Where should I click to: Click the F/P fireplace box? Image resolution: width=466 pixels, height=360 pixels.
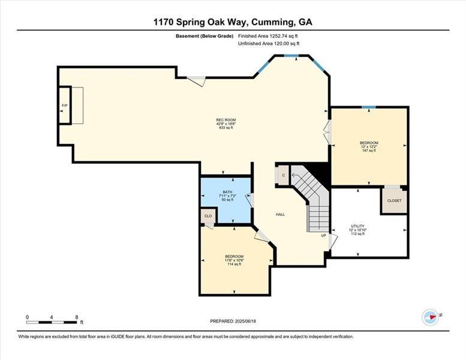[x=64, y=106]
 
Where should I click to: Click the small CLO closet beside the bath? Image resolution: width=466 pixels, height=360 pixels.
[x=208, y=217]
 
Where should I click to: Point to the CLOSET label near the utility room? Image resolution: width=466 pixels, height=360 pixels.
[x=394, y=201]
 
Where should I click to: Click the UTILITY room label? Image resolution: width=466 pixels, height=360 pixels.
[x=357, y=230]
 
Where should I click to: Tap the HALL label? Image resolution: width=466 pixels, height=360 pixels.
[x=280, y=214]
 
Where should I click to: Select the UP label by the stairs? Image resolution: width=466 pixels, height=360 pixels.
[x=323, y=236]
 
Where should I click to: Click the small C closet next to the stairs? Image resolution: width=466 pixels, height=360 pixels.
[x=283, y=175]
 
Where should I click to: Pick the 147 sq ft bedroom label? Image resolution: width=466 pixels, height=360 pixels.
[x=369, y=146]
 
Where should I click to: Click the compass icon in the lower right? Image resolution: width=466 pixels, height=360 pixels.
[x=431, y=316]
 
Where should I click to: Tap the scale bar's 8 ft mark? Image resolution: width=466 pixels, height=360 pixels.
[x=77, y=316]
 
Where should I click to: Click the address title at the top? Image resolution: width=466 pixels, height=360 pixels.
[x=233, y=22]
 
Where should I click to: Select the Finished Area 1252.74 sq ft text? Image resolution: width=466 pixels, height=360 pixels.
[x=269, y=37]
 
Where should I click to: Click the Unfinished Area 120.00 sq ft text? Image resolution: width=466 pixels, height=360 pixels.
[x=269, y=44]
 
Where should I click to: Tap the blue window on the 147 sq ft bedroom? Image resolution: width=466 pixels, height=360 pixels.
[x=369, y=107]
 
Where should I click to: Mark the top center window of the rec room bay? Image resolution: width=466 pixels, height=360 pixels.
[x=291, y=56]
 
